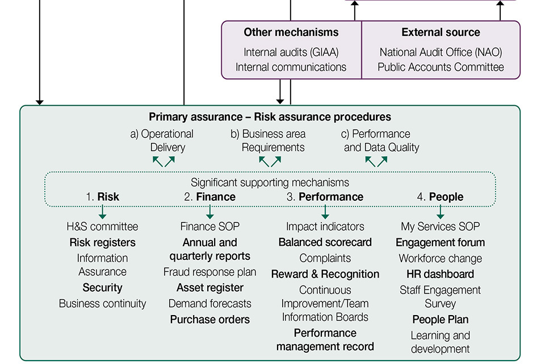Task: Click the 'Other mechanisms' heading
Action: pyautogui.click(x=291, y=32)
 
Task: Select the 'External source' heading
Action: pyautogui.click(x=441, y=32)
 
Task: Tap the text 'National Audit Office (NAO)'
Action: pyautogui.click(x=441, y=52)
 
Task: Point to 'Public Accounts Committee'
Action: pyautogui.click(x=441, y=67)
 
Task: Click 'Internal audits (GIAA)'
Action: pyautogui.click(x=291, y=52)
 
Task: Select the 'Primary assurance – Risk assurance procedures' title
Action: pyautogui.click(x=270, y=117)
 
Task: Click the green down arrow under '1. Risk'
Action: pyautogui.click(x=102, y=212)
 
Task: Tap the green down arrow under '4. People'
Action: pyautogui.click(x=440, y=212)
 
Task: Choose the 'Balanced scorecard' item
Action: pyautogui.click(x=325, y=242)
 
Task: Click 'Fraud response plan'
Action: pyautogui.click(x=210, y=272)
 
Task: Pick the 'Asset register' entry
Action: pyautogui.click(x=210, y=288)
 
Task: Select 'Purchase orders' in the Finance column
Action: pyautogui.click(x=210, y=320)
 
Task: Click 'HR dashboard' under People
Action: pyautogui.click(x=440, y=274)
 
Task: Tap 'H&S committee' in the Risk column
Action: pyautogui.click(x=102, y=226)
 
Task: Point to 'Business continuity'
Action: pyautogui.click(x=102, y=304)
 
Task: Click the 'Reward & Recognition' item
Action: pyautogui.click(x=325, y=274)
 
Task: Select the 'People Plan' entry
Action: pyautogui.click(x=440, y=320)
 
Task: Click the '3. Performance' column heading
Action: pyautogui.click(x=325, y=197)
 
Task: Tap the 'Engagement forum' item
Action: pyautogui.click(x=440, y=242)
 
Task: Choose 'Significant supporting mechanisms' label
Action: pyautogui.click(x=270, y=183)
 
